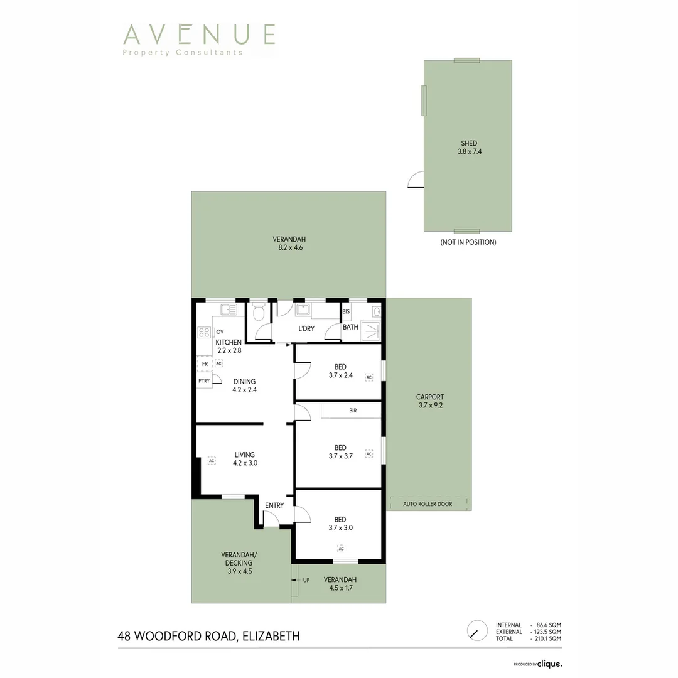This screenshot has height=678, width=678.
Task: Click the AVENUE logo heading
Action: point(199,34)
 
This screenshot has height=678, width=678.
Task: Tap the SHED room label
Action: point(469,144)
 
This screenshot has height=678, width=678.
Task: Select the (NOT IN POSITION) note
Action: point(468,242)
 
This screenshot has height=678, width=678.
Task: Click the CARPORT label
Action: point(430,397)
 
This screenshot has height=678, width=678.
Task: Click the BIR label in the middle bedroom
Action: point(353,411)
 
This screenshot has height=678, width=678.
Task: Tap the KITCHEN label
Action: point(229,342)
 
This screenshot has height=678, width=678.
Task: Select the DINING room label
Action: point(244,381)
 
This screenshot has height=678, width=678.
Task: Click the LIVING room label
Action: point(244,455)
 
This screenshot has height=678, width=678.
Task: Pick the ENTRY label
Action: point(274,505)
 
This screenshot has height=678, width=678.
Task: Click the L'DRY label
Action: point(306,329)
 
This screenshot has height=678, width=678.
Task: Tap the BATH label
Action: point(350,327)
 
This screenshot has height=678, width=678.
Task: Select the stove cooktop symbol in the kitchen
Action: point(204,332)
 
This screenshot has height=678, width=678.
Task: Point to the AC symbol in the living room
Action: point(212,460)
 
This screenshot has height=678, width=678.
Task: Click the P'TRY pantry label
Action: point(204,380)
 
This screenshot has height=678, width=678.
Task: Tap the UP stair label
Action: point(306,579)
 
